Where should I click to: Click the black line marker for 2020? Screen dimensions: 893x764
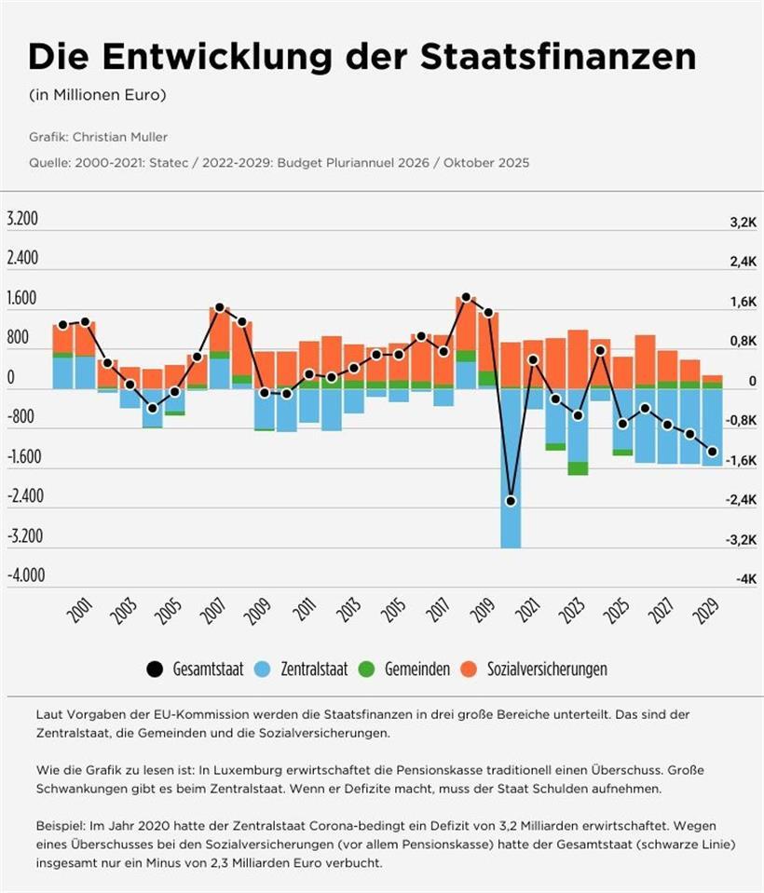pyautogui.click(x=511, y=501)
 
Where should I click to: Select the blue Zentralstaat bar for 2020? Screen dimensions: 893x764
pyautogui.click(x=511, y=466)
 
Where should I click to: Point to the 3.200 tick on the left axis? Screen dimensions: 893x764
pyautogui.click(x=22, y=220)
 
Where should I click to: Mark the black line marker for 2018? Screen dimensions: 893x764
pyautogui.click(x=467, y=297)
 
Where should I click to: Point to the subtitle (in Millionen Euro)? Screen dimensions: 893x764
pyautogui.click(x=85, y=95)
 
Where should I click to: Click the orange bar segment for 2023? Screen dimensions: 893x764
pyautogui.click(x=578, y=359)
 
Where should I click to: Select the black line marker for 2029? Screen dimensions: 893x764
pyautogui.click(x=713, y=452)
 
